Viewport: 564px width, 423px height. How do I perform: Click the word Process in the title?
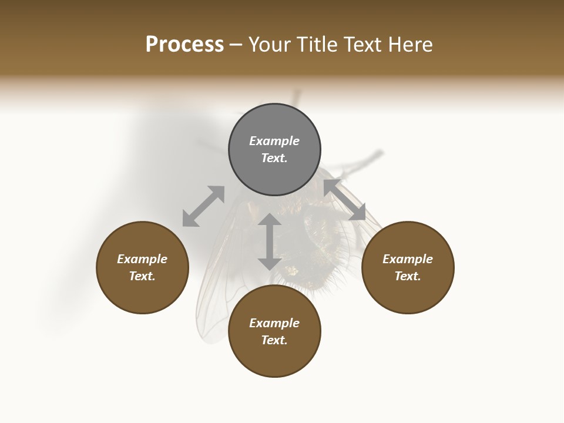(184, 45)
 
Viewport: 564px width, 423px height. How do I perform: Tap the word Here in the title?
(409, 45)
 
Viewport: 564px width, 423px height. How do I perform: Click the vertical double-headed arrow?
(270, 241)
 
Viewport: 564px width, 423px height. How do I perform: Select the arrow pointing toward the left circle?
(203, 206)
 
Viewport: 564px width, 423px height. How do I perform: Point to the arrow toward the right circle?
(344, 200)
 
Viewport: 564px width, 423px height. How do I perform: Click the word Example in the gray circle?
(274, 141)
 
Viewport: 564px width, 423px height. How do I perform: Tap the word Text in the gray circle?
(273, 158)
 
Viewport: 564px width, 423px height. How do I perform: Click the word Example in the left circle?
(142, 259)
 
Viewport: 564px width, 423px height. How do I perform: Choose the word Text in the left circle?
(141, 276)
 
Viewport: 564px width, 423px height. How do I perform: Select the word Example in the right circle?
(408, 259)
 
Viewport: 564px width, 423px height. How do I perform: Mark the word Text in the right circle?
(407, 276)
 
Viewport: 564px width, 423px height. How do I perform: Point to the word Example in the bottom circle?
(274, 323)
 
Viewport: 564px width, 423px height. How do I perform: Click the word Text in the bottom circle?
(273, 340)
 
